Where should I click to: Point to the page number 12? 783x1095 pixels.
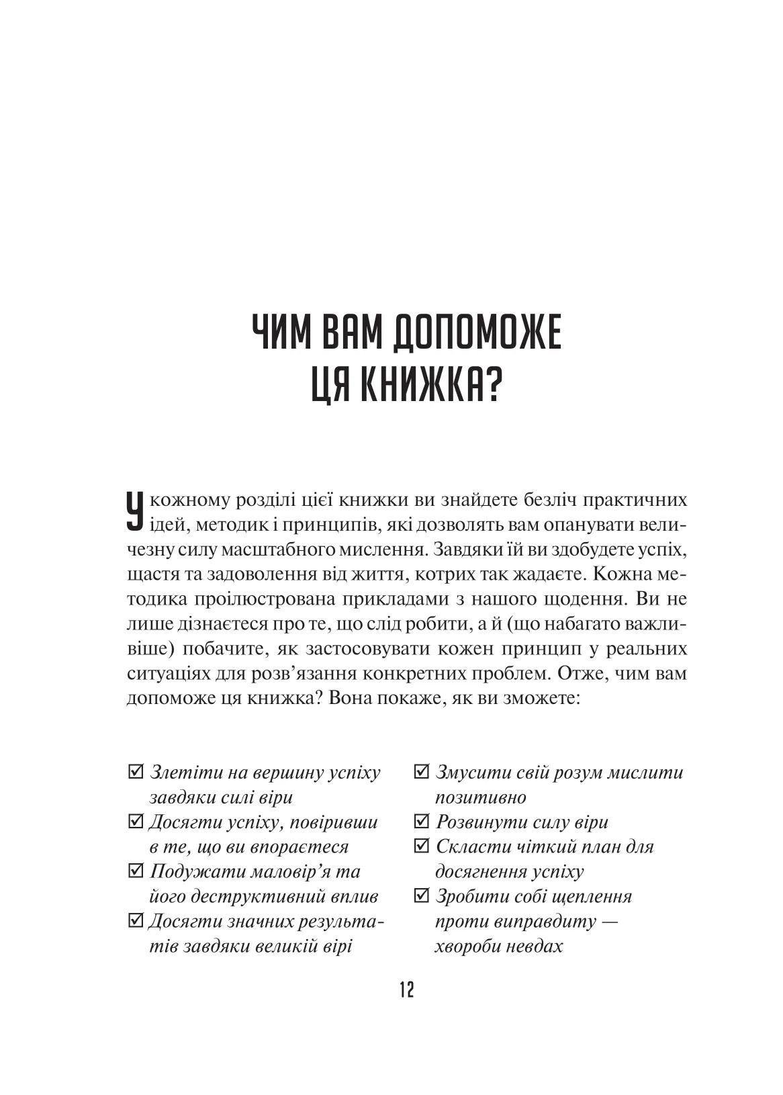407,990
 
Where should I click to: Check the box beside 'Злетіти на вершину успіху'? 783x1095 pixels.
134,772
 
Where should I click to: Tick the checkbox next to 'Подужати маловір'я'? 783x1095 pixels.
134,871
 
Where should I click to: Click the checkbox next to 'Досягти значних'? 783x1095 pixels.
134,921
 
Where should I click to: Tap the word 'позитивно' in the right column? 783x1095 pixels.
481,797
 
